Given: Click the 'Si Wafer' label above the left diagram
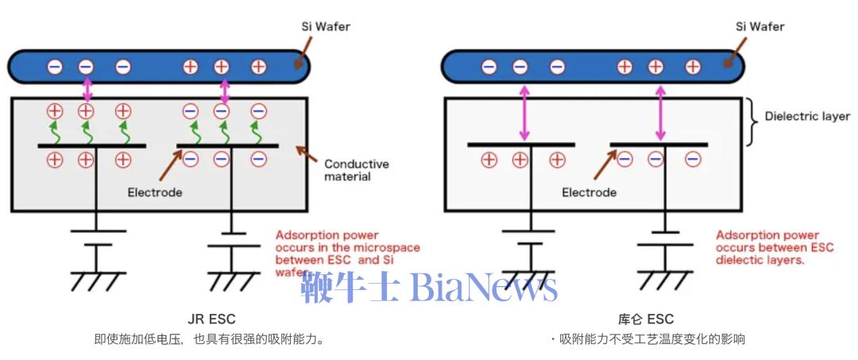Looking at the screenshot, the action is [326, 27].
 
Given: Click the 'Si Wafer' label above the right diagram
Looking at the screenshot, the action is [760, 27].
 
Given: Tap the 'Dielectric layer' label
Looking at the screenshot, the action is [808, 117].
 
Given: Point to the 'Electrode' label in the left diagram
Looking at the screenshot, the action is [155, 192].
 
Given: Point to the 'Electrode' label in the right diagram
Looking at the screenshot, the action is [589, 192].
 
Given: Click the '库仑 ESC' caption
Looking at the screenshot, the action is [646, 319].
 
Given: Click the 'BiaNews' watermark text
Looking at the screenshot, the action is [484, 287].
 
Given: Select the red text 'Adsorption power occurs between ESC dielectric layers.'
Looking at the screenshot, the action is [775, 248].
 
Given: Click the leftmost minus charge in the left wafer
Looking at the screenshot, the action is [55, 68].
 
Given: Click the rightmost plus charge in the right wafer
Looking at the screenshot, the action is [693, 68].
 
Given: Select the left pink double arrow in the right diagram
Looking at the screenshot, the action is [524, 113].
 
